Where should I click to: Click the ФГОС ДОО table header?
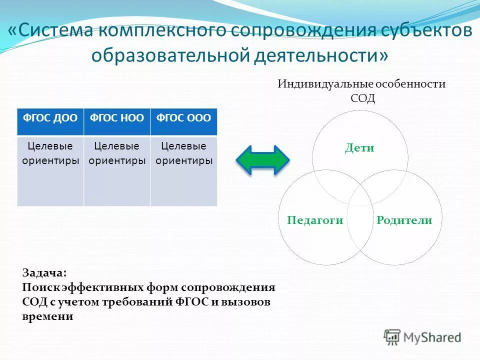[50, 118]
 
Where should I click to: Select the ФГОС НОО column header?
[117, 118]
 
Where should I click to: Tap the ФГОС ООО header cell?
[184, 118]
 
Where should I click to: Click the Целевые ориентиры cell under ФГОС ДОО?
[50, 170]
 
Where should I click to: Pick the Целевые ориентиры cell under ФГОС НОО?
[117, 170]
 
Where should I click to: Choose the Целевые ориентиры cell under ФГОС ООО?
[184, 170]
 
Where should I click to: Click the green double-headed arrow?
[262, 160]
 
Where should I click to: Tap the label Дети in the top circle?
[359, 148]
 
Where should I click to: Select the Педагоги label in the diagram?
[315, 220]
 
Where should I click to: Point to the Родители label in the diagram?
[404, 220]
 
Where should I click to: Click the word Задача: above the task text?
[43, 273]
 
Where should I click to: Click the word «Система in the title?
[50, 31]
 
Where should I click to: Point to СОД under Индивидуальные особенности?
[362, 98]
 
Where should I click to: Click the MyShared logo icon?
[392, 336]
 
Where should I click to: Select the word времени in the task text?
[48, 316]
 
